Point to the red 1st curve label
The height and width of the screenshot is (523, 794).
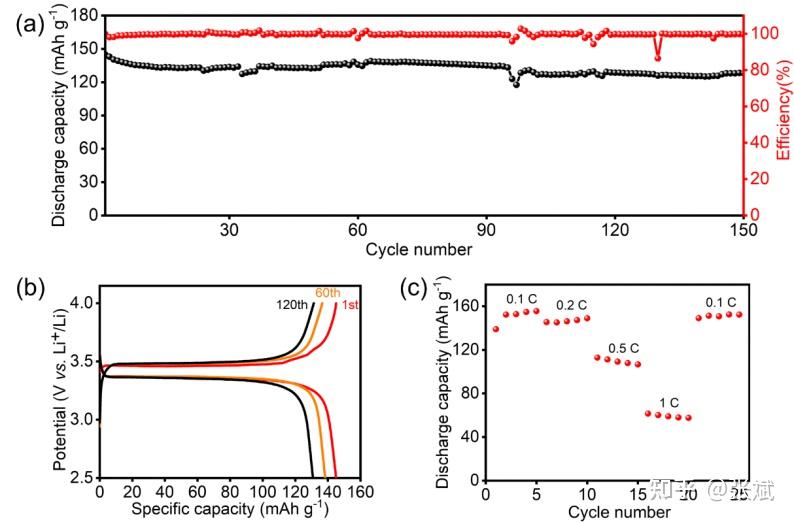350,305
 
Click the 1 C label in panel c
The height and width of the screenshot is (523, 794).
669,402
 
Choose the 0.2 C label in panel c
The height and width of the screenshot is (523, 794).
571,305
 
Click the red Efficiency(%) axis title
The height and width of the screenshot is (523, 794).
782,114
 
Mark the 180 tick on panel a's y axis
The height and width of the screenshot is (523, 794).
84,16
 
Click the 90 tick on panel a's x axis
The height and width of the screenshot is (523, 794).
486,229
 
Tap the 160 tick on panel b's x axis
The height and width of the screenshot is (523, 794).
362,492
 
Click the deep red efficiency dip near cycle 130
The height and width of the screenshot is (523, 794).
658,57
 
